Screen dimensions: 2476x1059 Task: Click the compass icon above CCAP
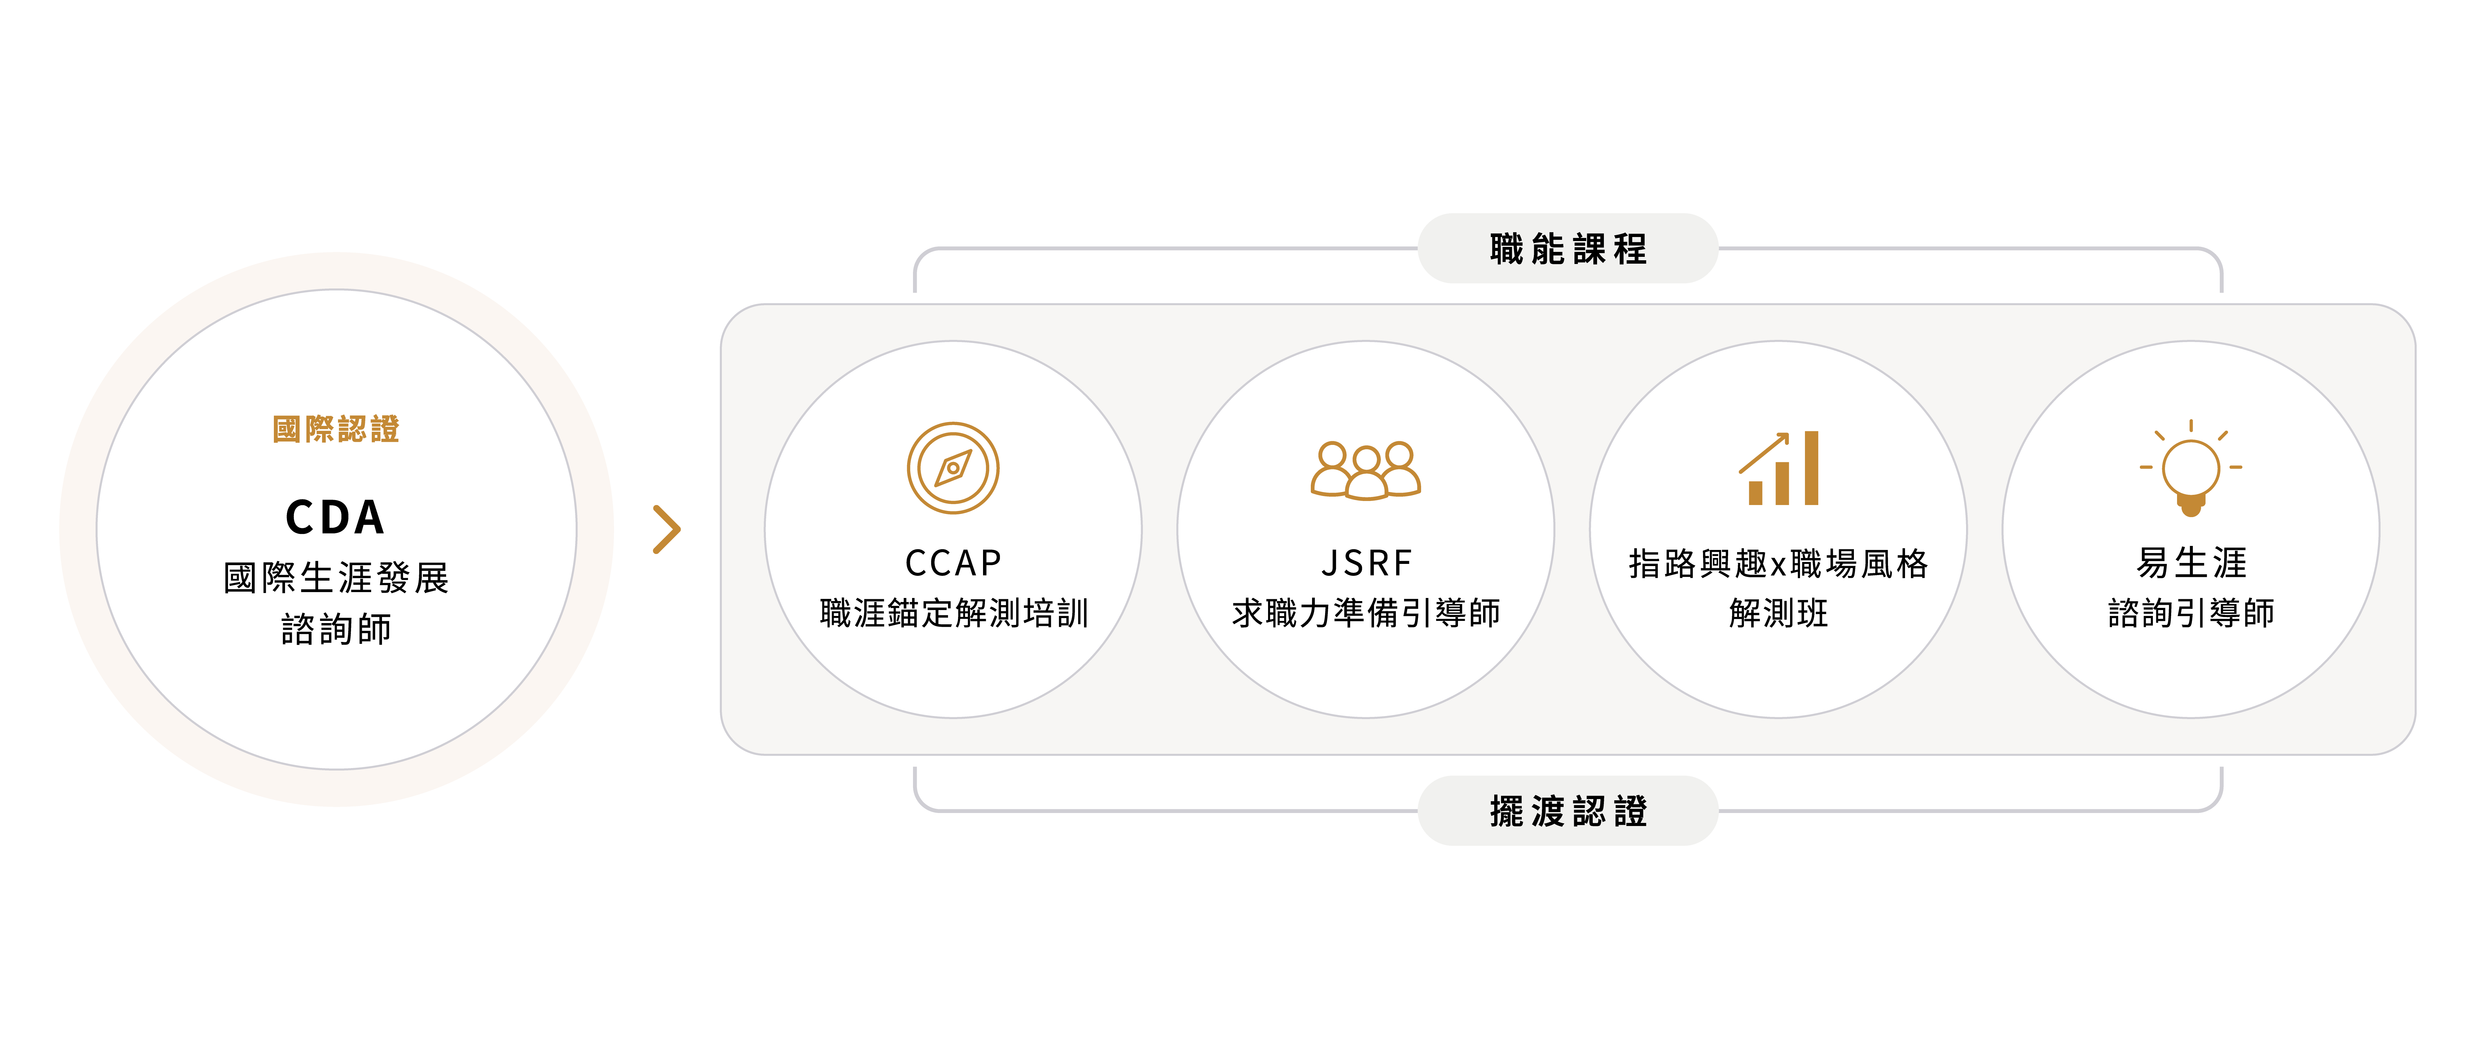point(953,468)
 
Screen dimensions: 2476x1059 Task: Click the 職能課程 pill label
point(1568,249)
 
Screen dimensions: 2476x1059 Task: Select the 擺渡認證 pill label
point(1568,811)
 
